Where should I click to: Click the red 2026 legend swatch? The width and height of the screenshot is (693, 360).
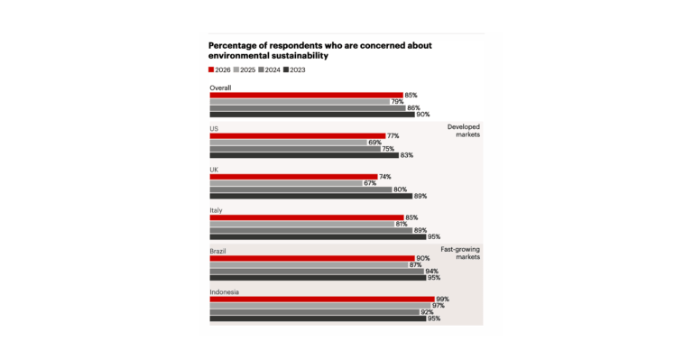click(x=211, y=69)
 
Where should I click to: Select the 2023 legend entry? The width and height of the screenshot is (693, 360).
click(x=294, y=69)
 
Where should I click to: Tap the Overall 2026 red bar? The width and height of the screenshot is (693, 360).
click(x=306, y=95)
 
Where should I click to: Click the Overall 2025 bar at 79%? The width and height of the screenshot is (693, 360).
click(x=300, y=102)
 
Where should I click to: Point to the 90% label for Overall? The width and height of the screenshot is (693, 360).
click(x=423, y=115)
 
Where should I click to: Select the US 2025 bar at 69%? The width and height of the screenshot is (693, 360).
click(x=288, y=143)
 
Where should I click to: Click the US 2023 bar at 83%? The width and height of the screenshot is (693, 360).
click(x=304, y=155)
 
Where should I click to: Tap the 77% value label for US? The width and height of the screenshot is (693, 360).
click(x=393, y=136)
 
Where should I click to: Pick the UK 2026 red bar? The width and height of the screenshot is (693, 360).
click(x=293, y=177)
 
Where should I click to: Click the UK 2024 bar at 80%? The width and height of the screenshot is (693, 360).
click(x=301, y=189)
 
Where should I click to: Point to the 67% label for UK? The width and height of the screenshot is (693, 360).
click(x=370, y=183)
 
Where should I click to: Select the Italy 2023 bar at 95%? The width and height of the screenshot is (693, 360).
click(x=318, y=236)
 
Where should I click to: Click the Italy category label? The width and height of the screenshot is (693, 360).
click(x=217, y=210)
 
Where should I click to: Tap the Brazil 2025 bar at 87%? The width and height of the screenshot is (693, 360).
click(x=309, y=264)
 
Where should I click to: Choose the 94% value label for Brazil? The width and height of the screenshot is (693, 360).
click(x=432, y=272)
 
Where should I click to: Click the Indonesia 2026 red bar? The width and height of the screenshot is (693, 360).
click(x=322, y=299)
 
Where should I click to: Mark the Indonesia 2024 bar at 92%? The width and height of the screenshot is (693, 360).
click(x=315, y=312)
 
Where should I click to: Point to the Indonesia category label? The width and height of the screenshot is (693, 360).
click(x=225, y=292)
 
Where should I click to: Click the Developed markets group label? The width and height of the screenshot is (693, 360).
click(x=464, y=131)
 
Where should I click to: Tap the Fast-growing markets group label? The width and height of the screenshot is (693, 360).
click(x=460, y=254)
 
